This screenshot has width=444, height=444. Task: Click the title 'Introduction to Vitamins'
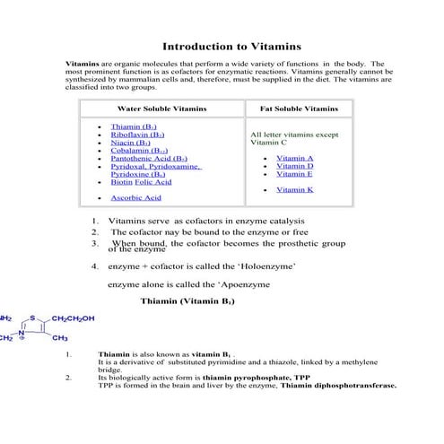tap(231, 46)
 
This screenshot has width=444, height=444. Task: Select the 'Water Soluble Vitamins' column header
tap(162, 109)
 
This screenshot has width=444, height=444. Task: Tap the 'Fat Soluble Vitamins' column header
tap(293, 109)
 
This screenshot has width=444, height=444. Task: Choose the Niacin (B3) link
tap(130, 143)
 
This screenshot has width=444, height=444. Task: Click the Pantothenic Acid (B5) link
tap(149, 159)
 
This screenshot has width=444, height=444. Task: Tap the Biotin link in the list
tap(121, 182)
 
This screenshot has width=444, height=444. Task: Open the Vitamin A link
tap(295, 158)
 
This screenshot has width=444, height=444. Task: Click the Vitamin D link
tap(295, 166)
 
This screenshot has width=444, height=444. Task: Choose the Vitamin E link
tap(295, 174)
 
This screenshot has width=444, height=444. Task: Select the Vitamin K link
tap(295, 190)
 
